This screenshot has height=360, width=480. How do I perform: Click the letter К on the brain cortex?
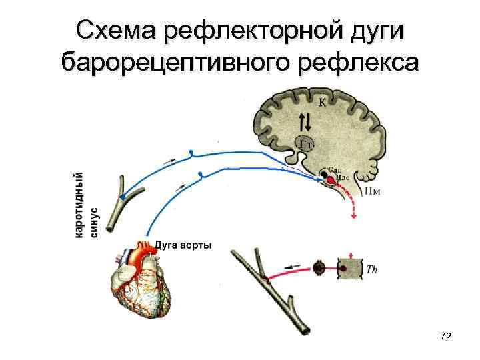click(323, 102)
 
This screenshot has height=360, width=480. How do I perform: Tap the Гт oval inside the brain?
click(306, 143)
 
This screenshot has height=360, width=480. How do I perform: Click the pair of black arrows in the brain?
click(305, 121)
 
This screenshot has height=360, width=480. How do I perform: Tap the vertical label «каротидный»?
click(79, 203)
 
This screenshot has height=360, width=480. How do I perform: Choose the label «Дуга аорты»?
click(184, 245)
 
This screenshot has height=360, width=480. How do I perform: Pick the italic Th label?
click(374, 268)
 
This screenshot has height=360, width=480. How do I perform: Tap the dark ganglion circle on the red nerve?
click(319, 268)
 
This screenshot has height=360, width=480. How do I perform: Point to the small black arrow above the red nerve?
click(291, 265)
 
